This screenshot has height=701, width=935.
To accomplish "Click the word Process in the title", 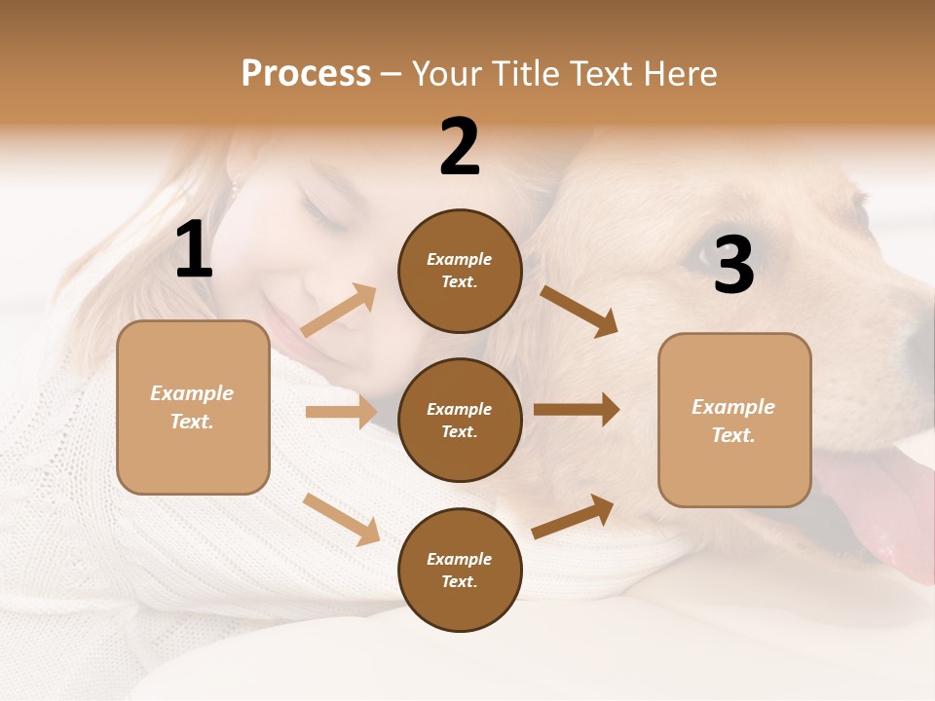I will click(x=306, y=74).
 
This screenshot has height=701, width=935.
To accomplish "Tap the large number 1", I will click(x=194, y=250).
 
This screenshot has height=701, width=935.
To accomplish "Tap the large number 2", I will click(x=460, y=147).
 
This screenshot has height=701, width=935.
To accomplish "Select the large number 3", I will click(x=733, y=265).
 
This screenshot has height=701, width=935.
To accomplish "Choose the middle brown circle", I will click(x=460, y=420).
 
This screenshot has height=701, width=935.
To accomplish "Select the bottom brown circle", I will click(x=460, y=570).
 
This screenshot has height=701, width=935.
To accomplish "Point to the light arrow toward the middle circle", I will click(x=341, y=412).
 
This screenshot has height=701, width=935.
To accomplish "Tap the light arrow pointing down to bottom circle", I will click(x=341, y=518).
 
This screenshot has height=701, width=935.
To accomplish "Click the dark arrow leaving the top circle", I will click(x=580, y=311).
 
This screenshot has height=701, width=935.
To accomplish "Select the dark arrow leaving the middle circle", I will click(x=577, y=410).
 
